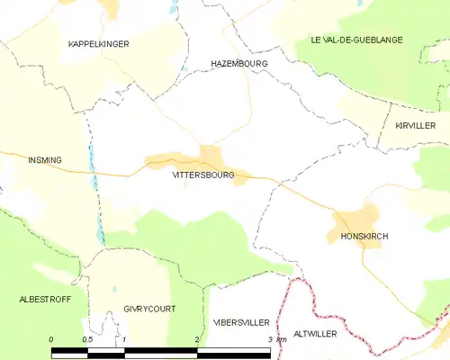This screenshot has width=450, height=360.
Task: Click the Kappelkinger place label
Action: [99, 43]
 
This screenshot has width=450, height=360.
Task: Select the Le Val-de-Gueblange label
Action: [356, 40]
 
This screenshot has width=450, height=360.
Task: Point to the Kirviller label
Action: [415, 126]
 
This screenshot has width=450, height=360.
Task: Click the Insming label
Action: [45, 160]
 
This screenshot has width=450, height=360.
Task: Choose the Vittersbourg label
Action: [202, 175]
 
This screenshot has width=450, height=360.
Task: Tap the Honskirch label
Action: [364, 237]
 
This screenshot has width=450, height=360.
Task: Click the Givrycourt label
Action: [149, 309]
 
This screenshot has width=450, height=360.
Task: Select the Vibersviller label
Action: [240, 321]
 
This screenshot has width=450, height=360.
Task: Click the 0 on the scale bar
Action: [51, 339]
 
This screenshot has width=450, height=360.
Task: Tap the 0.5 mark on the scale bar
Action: [87, 339]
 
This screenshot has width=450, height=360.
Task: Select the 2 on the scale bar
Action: [197, 339]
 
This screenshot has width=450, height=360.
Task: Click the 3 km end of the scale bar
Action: [274, 339]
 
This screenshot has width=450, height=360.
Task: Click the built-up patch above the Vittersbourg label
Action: [211, 155]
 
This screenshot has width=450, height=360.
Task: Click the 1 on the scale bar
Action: [124, 339]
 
